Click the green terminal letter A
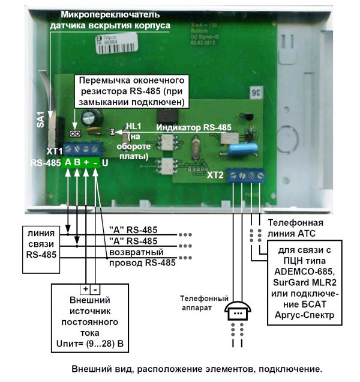68,162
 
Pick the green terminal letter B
77,162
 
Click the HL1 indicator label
133,127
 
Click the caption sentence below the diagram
196,368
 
